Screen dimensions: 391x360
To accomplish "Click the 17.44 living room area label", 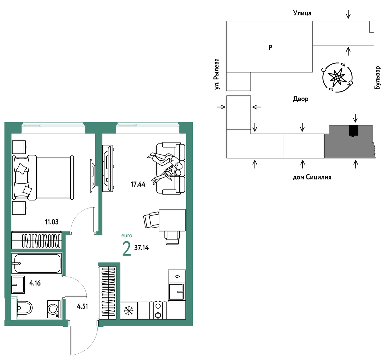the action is click(x=138, y=184).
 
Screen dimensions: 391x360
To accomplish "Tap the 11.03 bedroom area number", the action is click(x=52, y=222).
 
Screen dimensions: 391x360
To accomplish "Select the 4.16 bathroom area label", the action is click(x=35, y=283).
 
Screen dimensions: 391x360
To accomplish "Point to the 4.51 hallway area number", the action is click(x=82, y=306).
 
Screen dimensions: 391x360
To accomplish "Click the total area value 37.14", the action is click(x=141, y=248).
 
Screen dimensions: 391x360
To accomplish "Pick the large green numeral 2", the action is click(x=127, y=249).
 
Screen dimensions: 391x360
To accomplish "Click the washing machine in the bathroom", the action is click(x=54, y=309).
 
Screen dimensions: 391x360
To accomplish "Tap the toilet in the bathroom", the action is click(x=24, y=308).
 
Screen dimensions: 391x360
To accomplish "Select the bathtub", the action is click(x=37, y=263).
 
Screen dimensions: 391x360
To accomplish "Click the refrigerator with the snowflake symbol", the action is click(x=129, y=311).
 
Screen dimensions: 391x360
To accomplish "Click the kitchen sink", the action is click(x=177, y=291).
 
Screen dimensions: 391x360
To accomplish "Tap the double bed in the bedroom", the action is click(x=43, y=177).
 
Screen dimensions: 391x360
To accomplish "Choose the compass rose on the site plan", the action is click(x=337, y=78).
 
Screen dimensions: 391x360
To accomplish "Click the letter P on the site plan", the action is click(x=270, y=47).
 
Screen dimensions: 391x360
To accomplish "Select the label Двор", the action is click(x=300, y=99).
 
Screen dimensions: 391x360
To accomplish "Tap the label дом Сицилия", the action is click(x=312, y=177).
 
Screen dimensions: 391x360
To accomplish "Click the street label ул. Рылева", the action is click(x=217, y=74).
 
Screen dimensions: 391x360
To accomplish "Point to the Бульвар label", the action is click(x=378, y=77).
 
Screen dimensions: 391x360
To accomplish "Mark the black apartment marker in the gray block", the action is click(x=353, y=130).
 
